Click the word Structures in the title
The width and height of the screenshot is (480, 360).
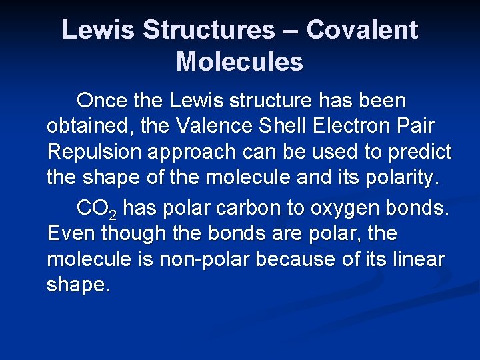[x=209, y=30]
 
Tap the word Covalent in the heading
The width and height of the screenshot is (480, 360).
[x=363, y=30]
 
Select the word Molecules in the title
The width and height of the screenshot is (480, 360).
[x=239, y=61]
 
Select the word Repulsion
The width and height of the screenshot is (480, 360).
[x=94, y=152]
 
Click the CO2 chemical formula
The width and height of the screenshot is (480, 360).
[x=97, y=209]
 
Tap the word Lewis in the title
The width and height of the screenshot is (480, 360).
[x=98, y=30]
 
